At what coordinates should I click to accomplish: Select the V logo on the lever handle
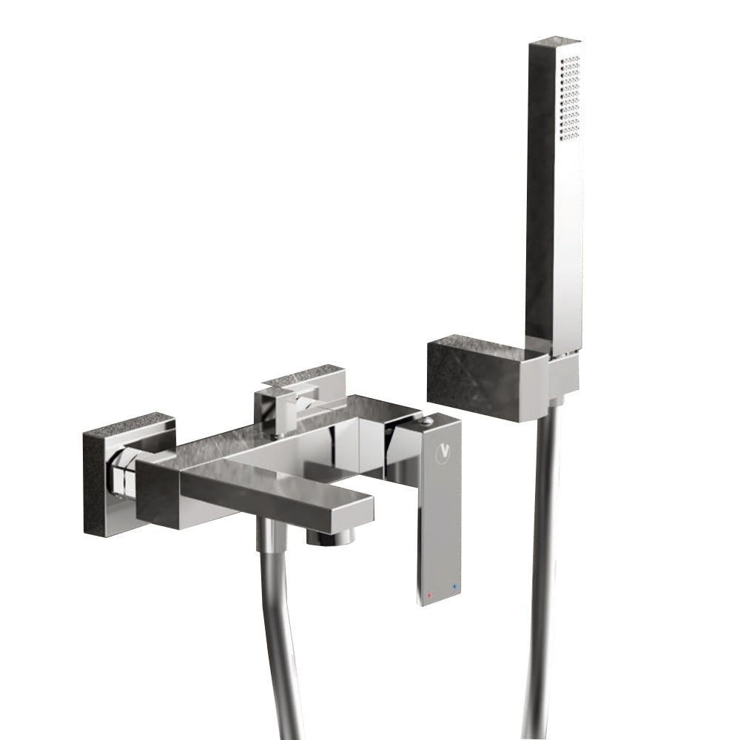coord(445,448)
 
